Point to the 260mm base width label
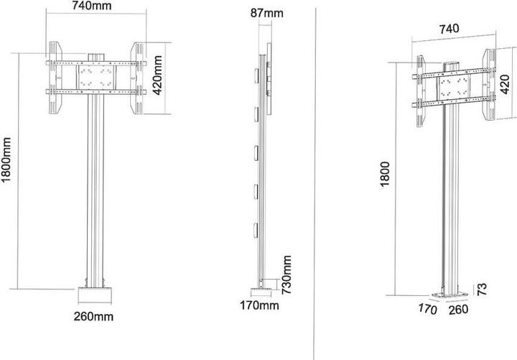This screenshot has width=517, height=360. (94, 316)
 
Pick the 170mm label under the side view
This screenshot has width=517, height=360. (259, 307)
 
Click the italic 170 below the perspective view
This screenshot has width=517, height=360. (427, 310)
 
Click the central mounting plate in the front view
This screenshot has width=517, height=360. (96, 79)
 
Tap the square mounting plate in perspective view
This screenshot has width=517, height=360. (453, 88)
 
